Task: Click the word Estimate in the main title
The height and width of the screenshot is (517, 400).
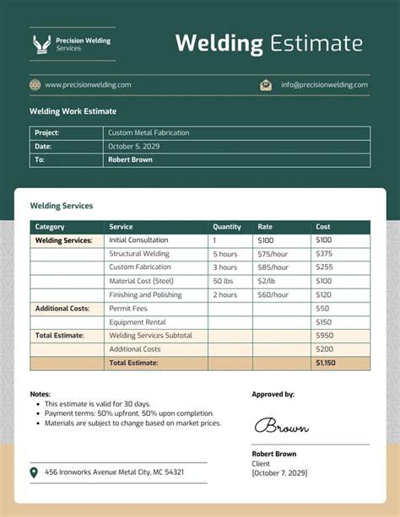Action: (316, 44)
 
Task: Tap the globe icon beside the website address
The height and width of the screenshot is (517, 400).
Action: (35, 84)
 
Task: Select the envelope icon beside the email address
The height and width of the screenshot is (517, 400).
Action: (266, 84)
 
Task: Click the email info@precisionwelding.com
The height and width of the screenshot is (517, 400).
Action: (324, 84)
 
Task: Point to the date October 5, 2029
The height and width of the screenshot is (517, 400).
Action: (133, 146)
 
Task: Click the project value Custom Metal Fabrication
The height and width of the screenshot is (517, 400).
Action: (149, 132)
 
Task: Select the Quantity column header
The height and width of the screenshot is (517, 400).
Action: (227, 227)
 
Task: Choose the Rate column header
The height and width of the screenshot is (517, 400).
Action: (265, 227)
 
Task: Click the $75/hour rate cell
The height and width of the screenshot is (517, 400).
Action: (273, 254)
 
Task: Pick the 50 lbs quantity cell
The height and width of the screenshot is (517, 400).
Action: (224, 281)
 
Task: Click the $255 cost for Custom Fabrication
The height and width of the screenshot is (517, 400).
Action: (324, 267)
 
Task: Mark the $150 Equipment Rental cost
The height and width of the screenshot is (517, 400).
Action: (324, 322)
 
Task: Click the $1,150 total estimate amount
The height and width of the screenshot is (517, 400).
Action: (325, 363)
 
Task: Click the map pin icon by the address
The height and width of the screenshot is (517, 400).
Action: (34, 472)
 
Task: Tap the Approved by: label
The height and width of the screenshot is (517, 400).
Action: (273, 394)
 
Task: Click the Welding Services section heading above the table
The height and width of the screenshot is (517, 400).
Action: (62, 206)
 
